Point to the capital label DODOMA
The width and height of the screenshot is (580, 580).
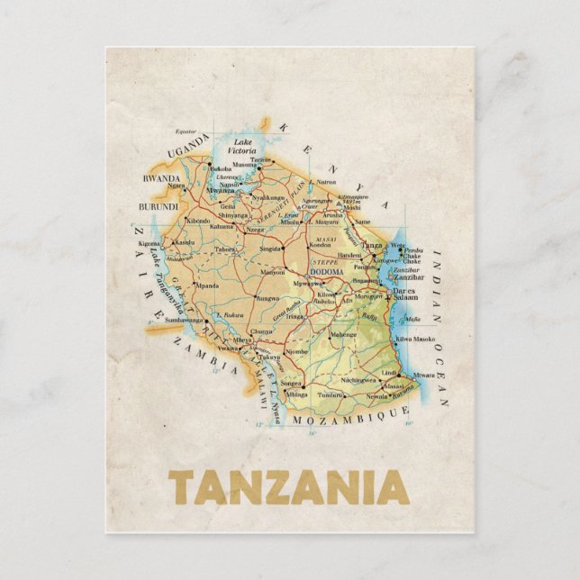point(326,271)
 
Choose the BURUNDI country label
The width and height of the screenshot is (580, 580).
point(158,207)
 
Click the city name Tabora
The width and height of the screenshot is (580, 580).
point(225,249)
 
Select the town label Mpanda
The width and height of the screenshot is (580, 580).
point(207,285)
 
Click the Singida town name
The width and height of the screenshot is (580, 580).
point(271,248)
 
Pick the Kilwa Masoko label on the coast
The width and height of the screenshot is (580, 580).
point(415,339)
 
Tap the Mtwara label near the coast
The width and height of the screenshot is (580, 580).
point(424,375)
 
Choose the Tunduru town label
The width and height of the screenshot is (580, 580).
point(331,394)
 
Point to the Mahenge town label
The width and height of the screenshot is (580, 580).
point(343,334)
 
